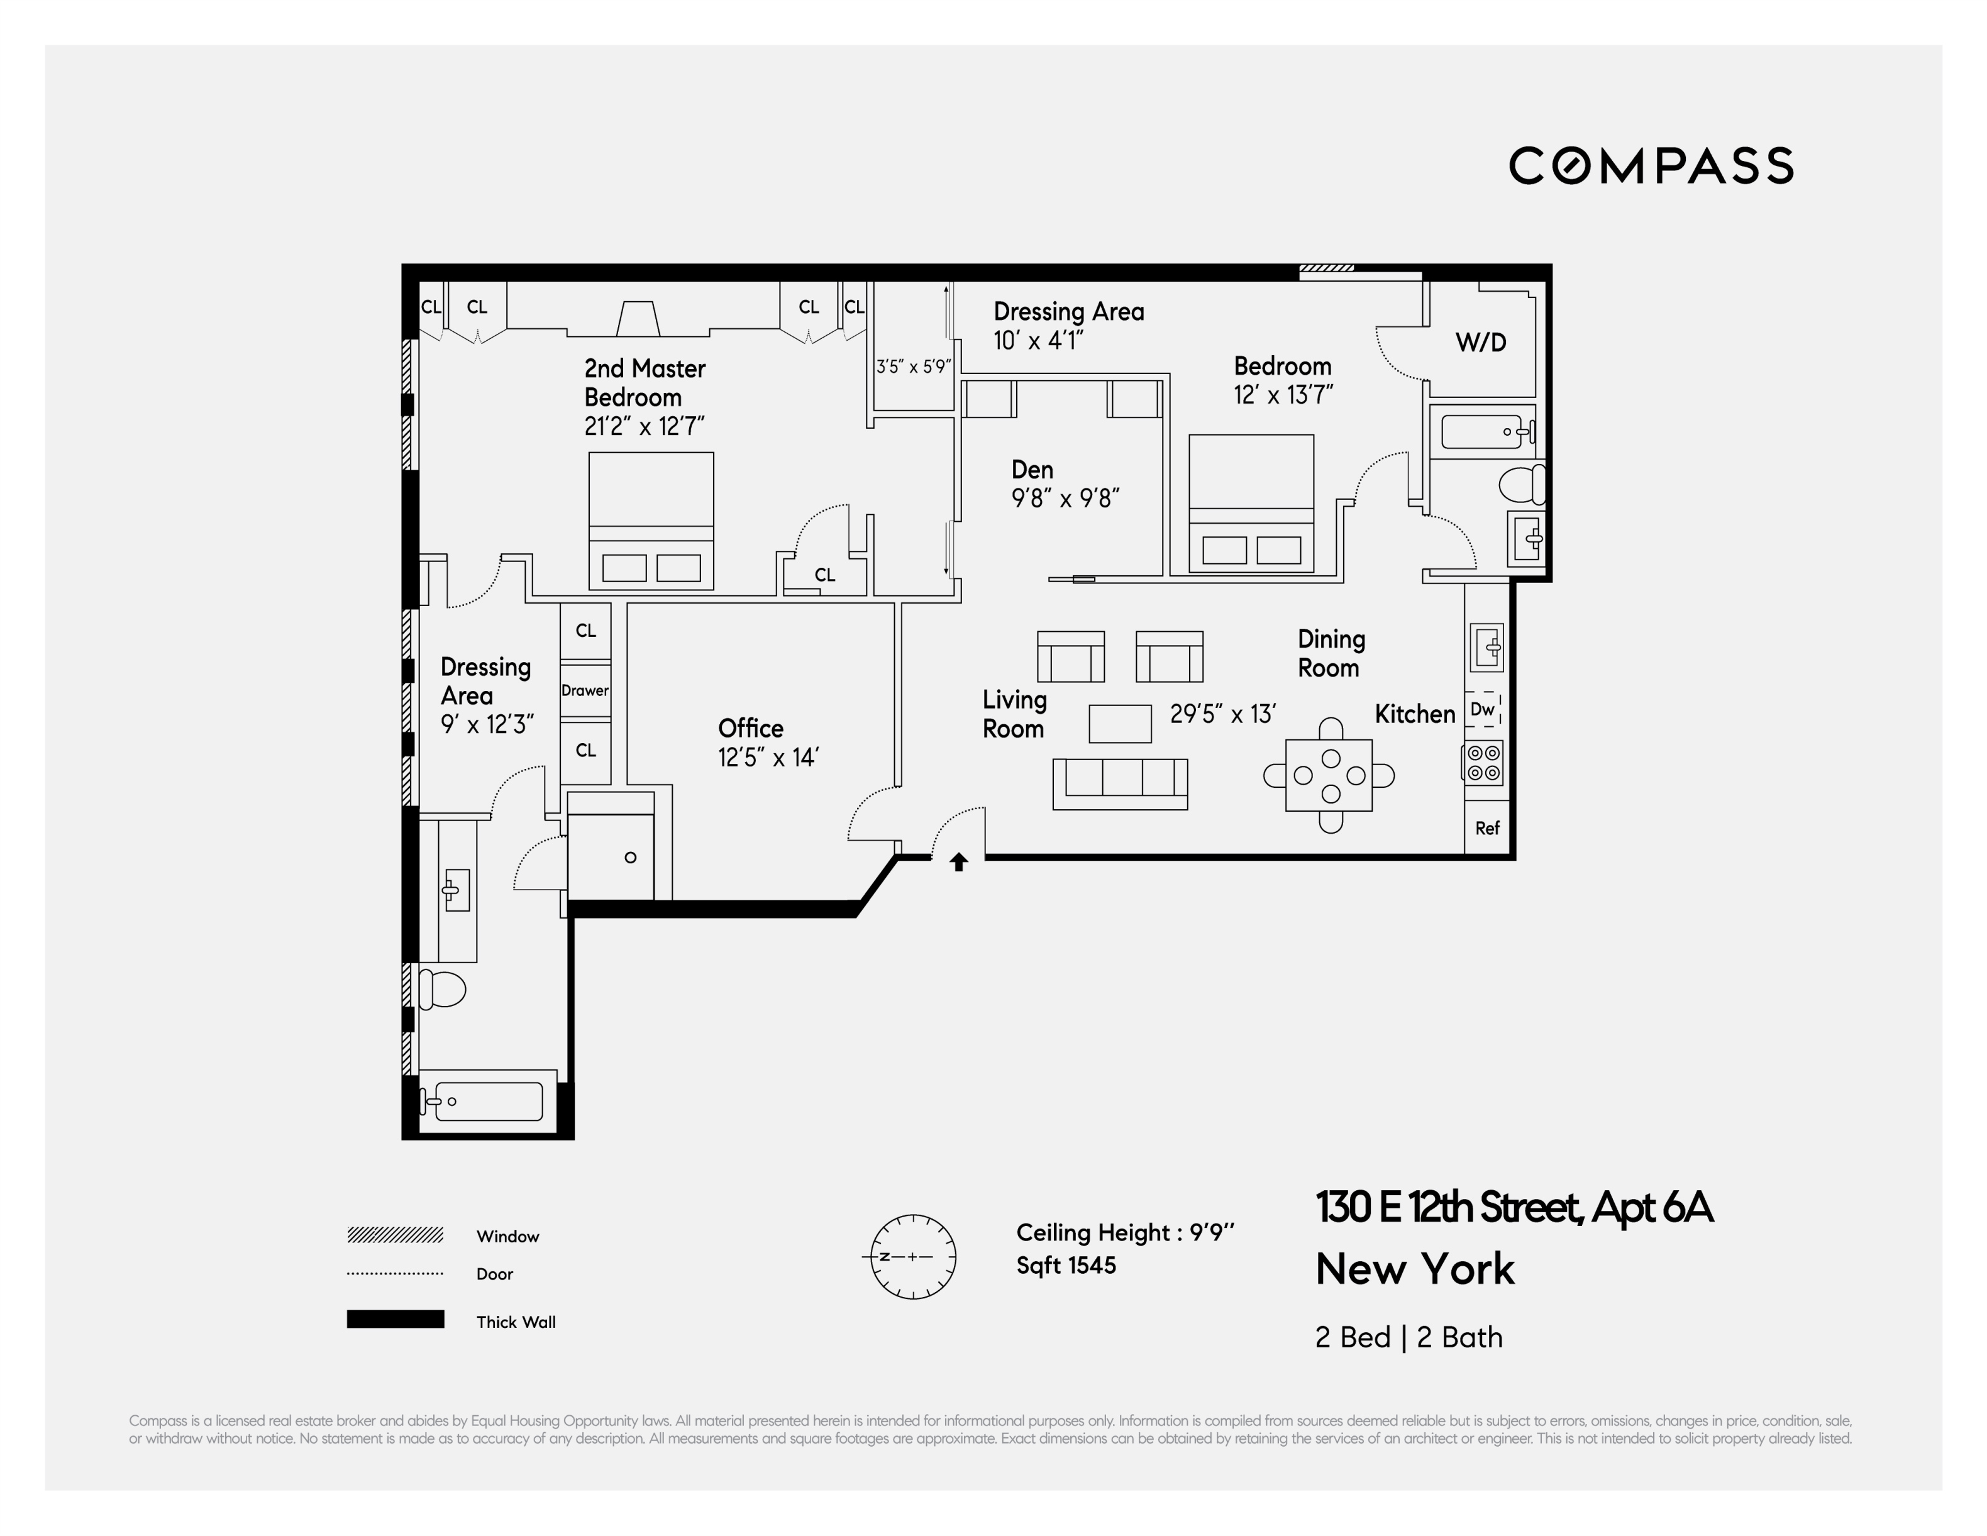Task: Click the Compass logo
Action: (x=1651, y=165)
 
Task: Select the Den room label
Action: (x=1032, y=470)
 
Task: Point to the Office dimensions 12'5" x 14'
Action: (x=769, y=757)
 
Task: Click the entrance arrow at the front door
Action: (x=958, y=862)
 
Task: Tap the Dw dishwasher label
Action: (x=1483, y=709)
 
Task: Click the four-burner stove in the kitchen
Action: (x=1483, y=763)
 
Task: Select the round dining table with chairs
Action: (x=1329, y=775)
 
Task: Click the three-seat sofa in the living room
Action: (x=1120, y=783)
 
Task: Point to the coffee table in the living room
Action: (x=1120, y=724)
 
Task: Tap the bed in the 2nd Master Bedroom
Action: (x=651, y=521)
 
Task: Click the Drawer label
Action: (x=585, y=690)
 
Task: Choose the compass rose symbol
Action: (x=914, y=1257)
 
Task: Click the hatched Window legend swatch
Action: (x=395, y=1235)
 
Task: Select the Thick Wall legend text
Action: (x=516, y=1322)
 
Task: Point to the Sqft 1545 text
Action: (x=1066, y=1266)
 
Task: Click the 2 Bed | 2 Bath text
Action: (x=1409, y=1337)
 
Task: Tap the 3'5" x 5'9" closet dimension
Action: (x=914, y=367)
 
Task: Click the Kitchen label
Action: (x=1415, y=714)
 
